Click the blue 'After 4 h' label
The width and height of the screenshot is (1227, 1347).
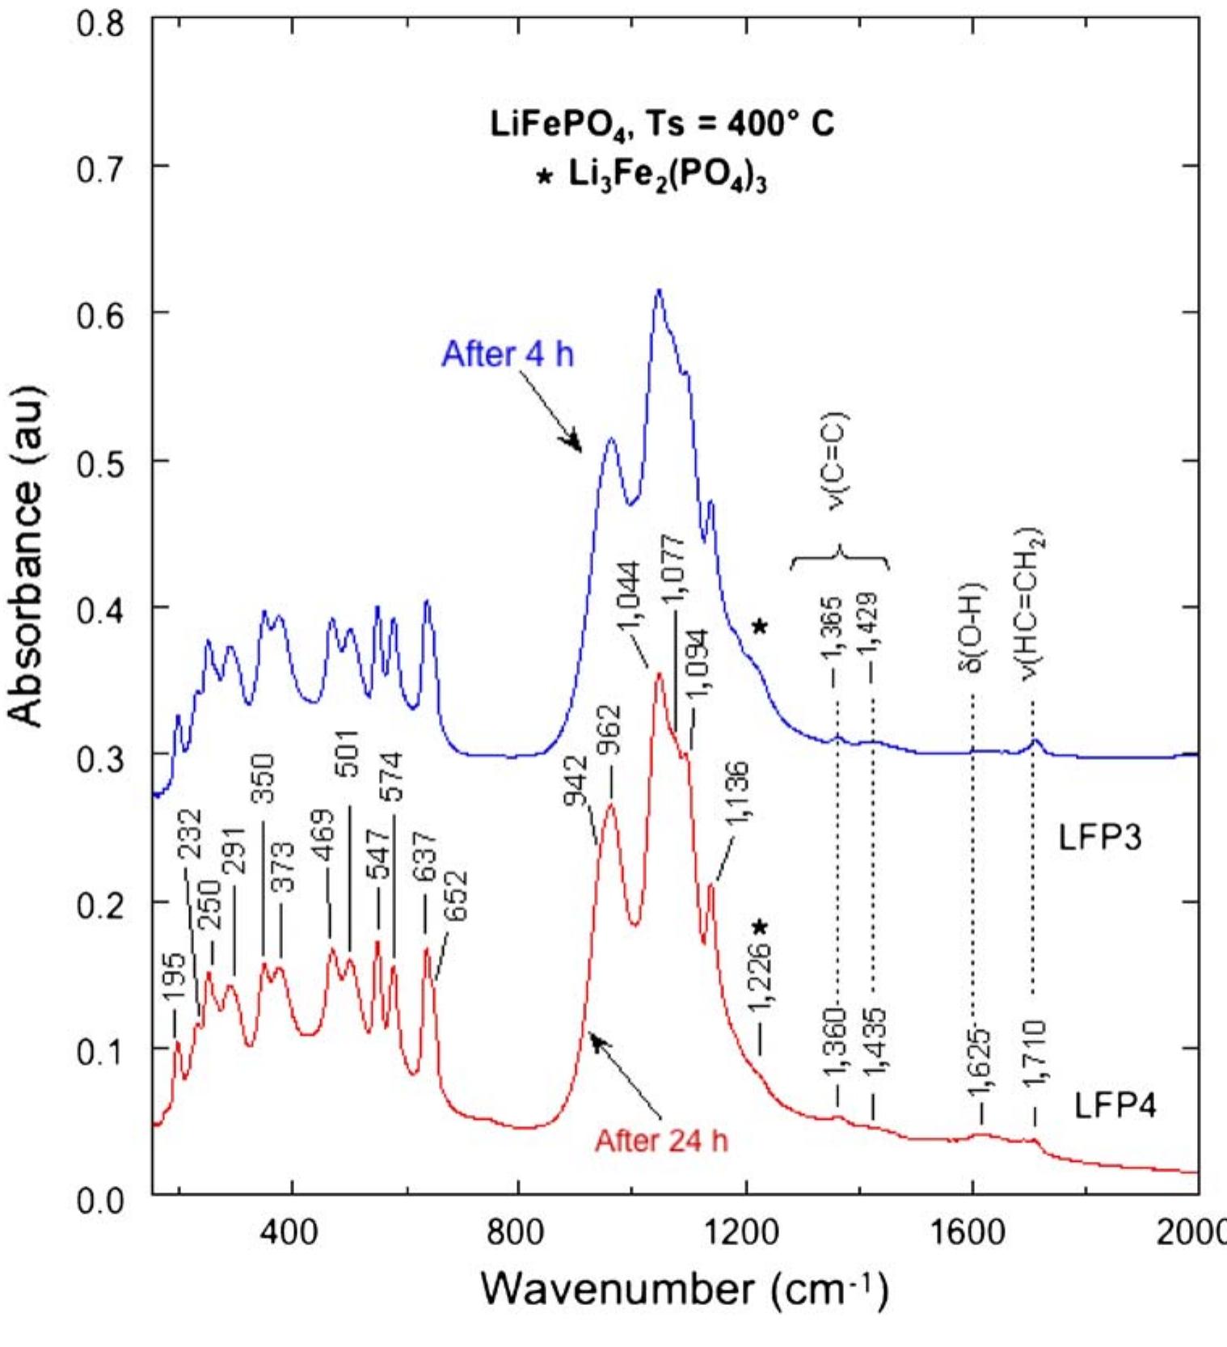tap(508, 355)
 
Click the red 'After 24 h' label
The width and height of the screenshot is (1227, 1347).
tap(661, 1140)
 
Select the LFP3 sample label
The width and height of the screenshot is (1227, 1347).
tap(1099, 838)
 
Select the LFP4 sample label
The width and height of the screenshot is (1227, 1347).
tap(1115, 1105)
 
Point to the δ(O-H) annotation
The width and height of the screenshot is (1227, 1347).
tap(972, 627)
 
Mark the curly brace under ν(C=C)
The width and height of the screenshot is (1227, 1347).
tap(840, 559)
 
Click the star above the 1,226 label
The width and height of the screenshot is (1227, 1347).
tap(759, 927)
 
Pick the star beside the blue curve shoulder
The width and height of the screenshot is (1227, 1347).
tap(759, 627)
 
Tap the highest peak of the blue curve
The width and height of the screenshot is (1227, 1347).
tap(659, 290)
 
